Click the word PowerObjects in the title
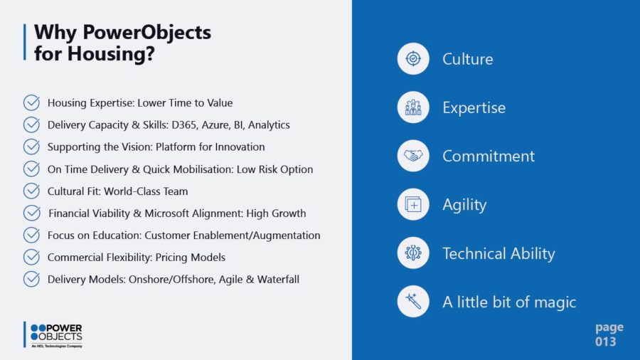coord(147,33)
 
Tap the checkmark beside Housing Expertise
coord(31,102)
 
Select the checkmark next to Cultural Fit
coord(31,191)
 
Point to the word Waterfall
coord(278,280)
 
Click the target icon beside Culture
coord(413,59)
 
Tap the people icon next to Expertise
coord(413,107)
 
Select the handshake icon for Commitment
coord(413,156)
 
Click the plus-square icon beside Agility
coord(413,204)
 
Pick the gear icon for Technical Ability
coord(413,253)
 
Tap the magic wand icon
coord(413,302)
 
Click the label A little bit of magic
coord(509,302)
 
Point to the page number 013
coord(605,342)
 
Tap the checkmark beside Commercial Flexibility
coord(31,257)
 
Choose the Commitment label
coord(488,157)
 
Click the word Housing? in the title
coord(111,54)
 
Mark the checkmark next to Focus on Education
coord(31,235)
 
